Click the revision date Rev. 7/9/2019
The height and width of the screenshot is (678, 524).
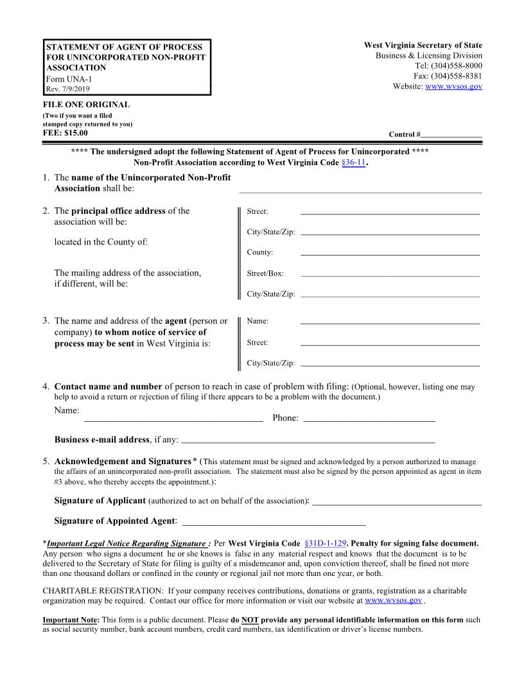[x=67, y=89]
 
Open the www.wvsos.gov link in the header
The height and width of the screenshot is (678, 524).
[x=453, y=86]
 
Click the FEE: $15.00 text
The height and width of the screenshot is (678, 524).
[x=65, y=133]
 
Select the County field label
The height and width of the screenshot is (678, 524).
[x=260, y=252]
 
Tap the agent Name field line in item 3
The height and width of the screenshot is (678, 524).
[x=390, y=322]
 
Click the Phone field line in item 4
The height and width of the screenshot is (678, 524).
[x=369, y=420]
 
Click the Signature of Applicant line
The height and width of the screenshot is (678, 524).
[x=397, y=503]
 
